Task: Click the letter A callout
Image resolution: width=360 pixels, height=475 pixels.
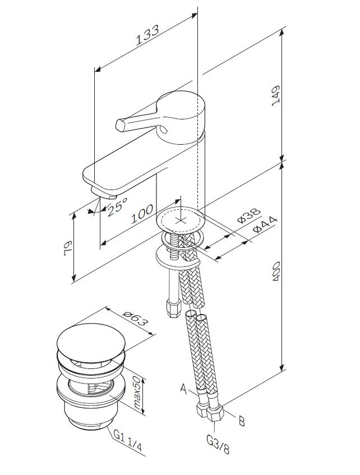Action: coord(183,387)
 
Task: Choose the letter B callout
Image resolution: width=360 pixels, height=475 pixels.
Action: coord(242,421)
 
